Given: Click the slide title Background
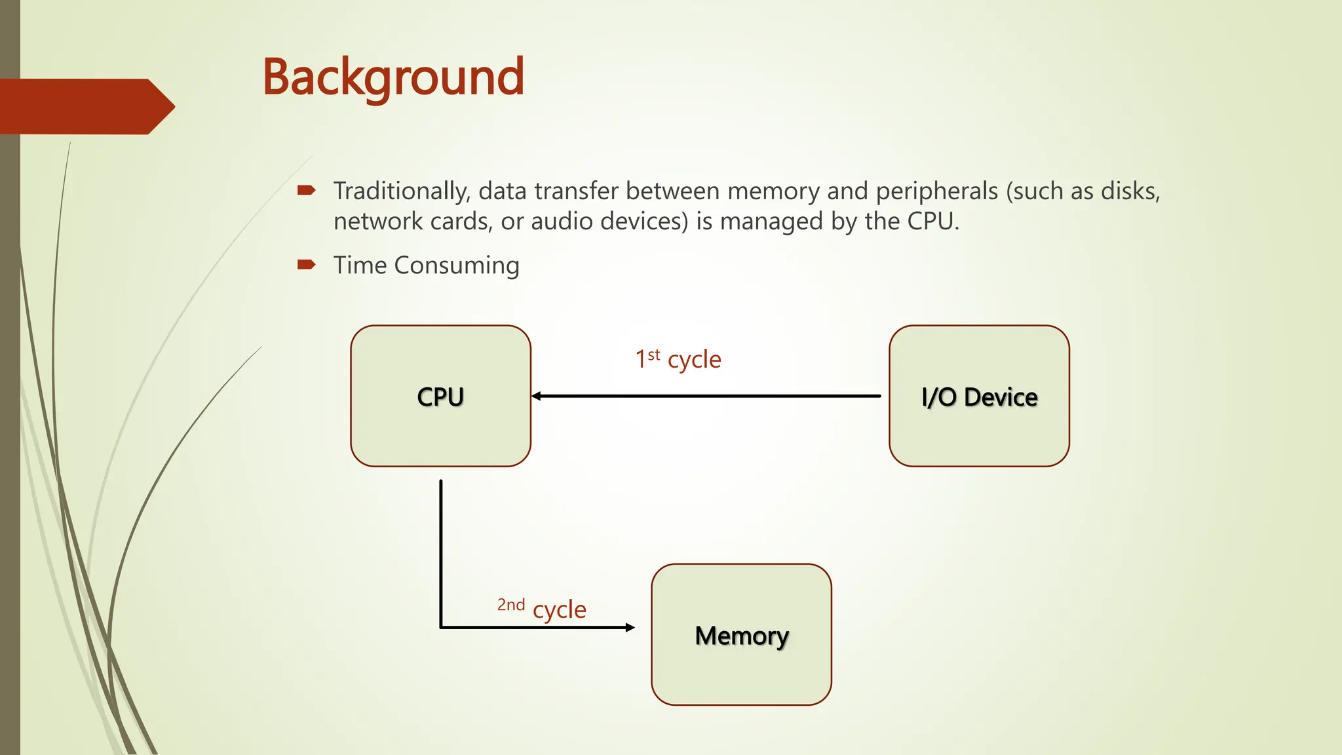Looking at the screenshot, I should pos(393,77).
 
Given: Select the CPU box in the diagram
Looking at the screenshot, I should pos(440,396).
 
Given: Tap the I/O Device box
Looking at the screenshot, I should pos(979,396).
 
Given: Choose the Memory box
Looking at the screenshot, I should pos(741,634).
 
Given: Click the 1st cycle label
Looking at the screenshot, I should pos(678,359).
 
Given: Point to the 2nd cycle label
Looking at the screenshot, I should pos(541,608).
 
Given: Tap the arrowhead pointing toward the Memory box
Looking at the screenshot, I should pos(630,627).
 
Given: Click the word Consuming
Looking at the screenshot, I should pos(456,265).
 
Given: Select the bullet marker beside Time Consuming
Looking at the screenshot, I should pos(306,265).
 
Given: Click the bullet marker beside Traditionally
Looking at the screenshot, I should pos(306,191).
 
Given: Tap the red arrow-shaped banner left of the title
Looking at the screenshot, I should pos(85,106).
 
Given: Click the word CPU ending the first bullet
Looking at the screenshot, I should pos(932,222).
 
